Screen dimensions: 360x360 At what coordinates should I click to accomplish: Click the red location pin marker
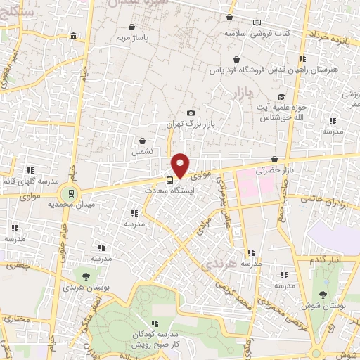click(x=181, y=165)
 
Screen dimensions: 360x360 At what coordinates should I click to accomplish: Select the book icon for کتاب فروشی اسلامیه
click(x=257, y=22)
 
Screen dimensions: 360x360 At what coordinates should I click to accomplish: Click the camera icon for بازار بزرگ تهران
click(x=191, y=112)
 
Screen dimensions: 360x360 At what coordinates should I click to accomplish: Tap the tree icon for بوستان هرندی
click(x=86, y=276)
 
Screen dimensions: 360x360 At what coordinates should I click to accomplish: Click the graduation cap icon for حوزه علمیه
click(x=281, y=97)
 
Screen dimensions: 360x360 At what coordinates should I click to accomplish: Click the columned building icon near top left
click(x=73, y=37)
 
